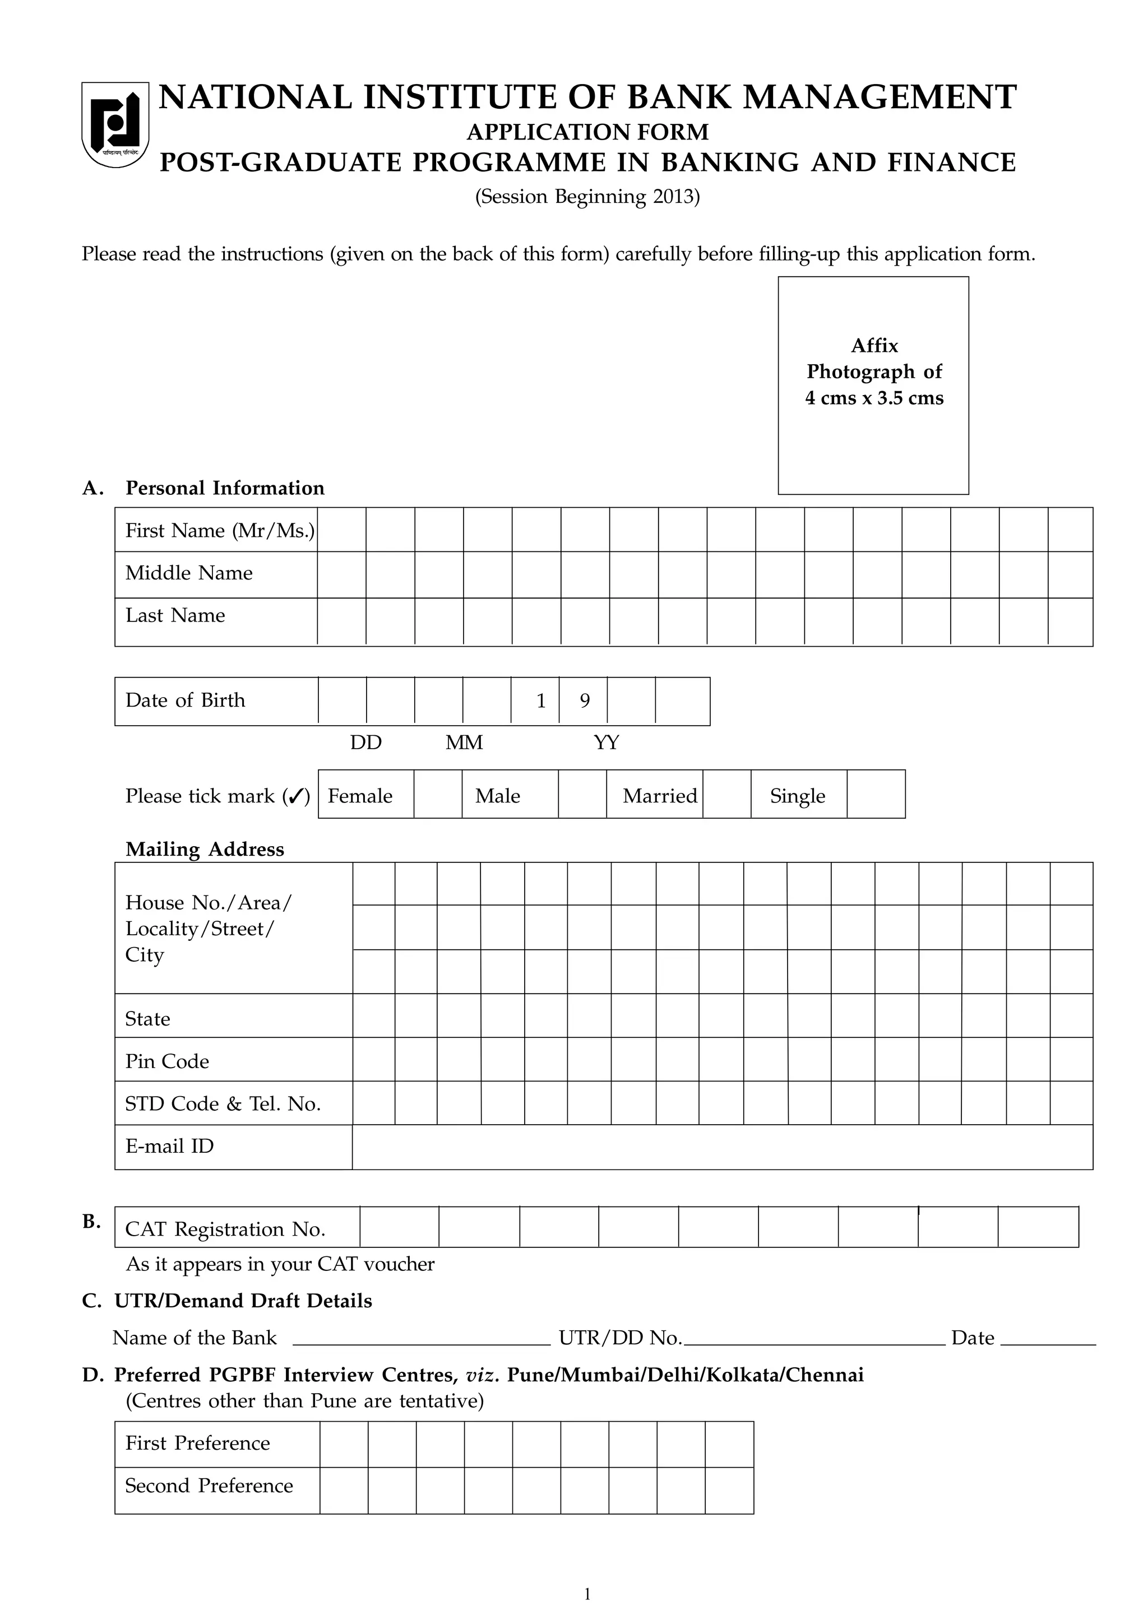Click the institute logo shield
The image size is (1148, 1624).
[115, 124]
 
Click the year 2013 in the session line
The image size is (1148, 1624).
[673, 197]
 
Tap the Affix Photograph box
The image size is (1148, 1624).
[873, 386]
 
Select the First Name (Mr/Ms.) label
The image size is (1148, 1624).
[219, 531]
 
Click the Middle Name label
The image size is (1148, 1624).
[189, 573]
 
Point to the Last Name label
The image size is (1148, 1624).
[175, 615]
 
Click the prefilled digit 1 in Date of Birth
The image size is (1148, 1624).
[541, 701]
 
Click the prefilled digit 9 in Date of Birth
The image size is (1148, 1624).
[584, 701]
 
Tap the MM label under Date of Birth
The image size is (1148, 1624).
[464, 743]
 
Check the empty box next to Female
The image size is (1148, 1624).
[438, 795]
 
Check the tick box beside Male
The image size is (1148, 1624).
[582, 795]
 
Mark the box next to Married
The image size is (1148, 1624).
[726, 795]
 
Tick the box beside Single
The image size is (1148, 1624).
[876, 795]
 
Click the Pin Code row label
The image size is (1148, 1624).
[168, 1061]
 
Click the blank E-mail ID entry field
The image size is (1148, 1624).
[721, 1147]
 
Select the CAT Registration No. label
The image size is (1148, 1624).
[225, 1229]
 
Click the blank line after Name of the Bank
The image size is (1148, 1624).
[421, 1338]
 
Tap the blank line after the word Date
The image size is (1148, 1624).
[1048, 1338]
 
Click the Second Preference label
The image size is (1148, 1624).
[209, 1486]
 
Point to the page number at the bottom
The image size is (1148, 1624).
[587, 1594]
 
